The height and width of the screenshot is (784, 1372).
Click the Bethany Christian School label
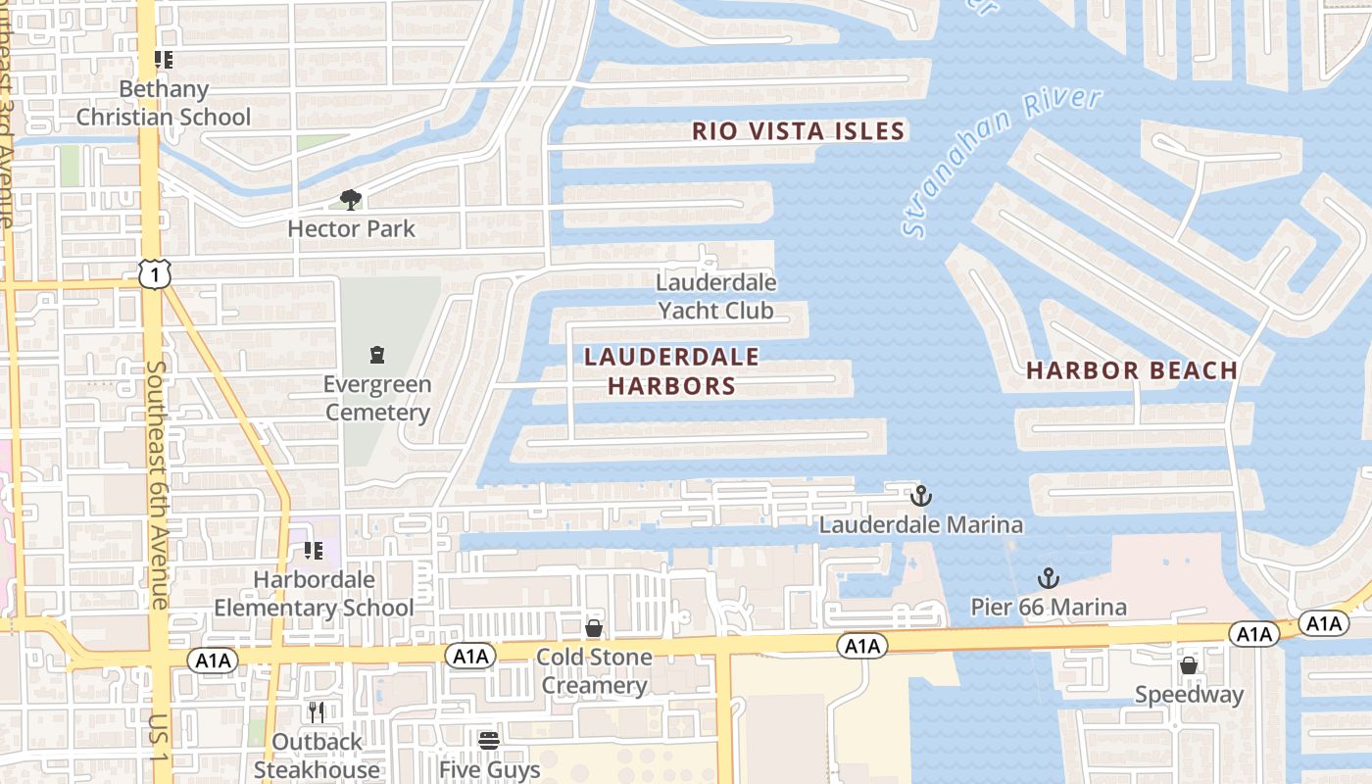pyautogui.click(x=164, y=103)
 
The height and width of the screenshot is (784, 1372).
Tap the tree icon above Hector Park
pyautogui.click(x=351, y=200)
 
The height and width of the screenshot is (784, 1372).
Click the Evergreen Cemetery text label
pyautogui.click(x=377, y=398)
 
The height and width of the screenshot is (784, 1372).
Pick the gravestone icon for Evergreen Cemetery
pyautogui.click(x=376, y=354)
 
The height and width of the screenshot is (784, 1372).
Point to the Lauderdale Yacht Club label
pyautogui.click(x=715, y=297)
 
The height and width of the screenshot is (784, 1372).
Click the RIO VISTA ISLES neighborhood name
pyautogui.click(x=798, y=131)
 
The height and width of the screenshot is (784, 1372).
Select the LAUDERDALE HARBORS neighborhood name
pyautogui.click(x=671, y=371)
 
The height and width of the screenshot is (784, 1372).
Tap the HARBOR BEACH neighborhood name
pyautogui.click(x=1132, y=370)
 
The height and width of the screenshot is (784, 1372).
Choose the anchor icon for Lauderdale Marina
pyautogui.click(x=920, y=495)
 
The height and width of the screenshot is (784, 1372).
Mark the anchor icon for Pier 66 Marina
pyautogui.click(x=1049, y=577)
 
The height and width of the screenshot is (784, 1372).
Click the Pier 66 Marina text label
pyautogui.click(x=1049, y=608)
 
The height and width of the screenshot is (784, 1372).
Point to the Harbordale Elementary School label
pyautogui.click(x=314, y=594)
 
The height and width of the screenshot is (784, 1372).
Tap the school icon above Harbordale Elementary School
pyautogui.click(x=314, y=551)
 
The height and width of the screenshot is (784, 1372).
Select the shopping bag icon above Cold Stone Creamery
pyautogui.click(x=594, y=628)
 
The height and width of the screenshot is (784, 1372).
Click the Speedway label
pyautogui.click(x=1189, y=696)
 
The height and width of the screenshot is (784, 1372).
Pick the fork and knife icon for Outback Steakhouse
pyautogui.click(x=317, y=712)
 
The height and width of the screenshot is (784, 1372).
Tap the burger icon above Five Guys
pyautogui.click(x=489, y=740)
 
